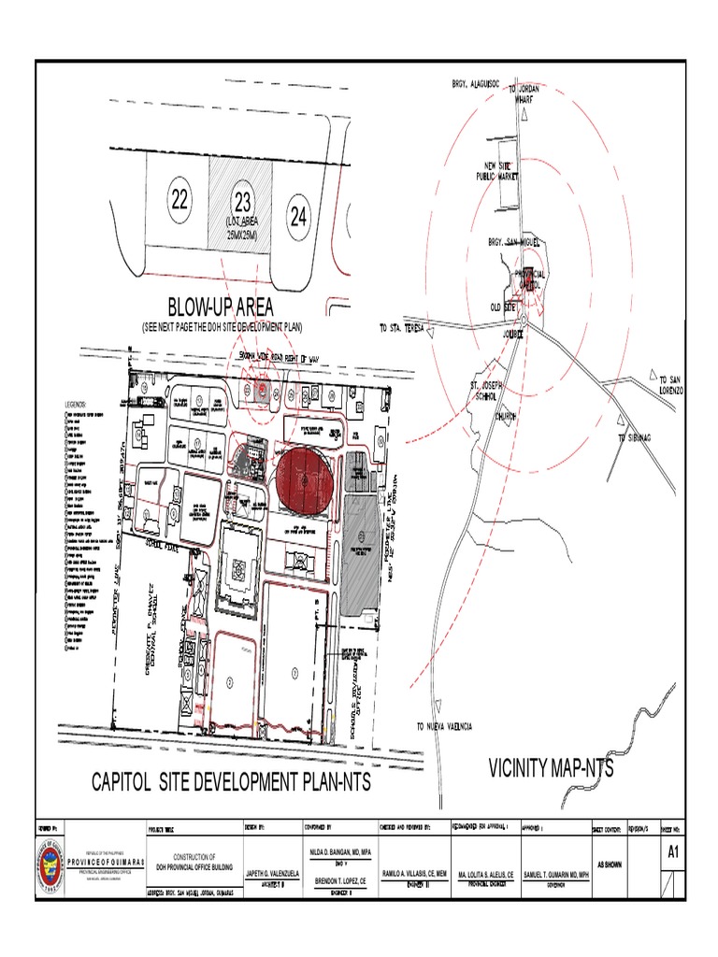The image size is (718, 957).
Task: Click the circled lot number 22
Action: click(x=179, y=198)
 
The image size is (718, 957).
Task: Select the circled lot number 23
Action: click(x=242, y=200)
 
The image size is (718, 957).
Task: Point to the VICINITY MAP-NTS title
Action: click(x=552, y=768)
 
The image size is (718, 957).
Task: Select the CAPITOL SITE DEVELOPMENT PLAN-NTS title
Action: click(x=230, y=782)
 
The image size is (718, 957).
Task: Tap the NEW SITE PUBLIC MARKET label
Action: click(x=498, y=169)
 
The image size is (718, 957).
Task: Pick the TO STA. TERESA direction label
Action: click(x=402, y=329)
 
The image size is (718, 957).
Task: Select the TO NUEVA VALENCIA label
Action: click(x=445, y=726)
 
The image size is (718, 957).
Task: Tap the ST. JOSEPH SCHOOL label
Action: click(x=486, y=390)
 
